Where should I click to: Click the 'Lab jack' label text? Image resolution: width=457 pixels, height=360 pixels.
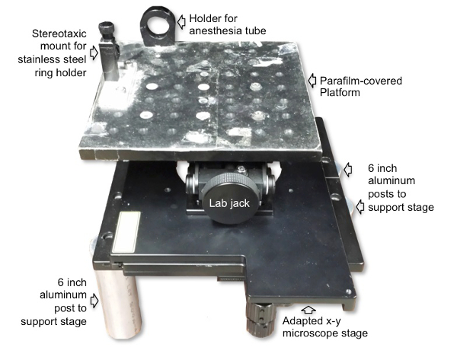coord(229,203)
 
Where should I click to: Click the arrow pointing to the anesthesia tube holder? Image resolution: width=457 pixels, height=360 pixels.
coord(181,22)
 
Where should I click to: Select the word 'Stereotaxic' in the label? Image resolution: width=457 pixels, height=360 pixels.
coord(59,33)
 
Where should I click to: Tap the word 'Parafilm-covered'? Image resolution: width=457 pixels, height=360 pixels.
coord(361,81)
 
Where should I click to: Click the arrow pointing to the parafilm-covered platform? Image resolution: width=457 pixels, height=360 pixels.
coord(312,81)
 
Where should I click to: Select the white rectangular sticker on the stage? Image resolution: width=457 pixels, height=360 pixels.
coord(126,232)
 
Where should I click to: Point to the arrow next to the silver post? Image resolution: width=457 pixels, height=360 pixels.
coord(94,301)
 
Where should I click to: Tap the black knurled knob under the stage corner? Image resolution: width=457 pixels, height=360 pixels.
coord(260,319)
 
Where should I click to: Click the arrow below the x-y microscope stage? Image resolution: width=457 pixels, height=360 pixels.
coord(309,309)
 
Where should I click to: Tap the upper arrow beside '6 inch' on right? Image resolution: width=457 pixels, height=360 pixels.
coord(348,170)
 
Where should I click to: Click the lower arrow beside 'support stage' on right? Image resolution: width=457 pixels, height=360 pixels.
coord(360,206)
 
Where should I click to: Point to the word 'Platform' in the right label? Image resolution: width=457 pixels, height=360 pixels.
coord(340,93)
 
